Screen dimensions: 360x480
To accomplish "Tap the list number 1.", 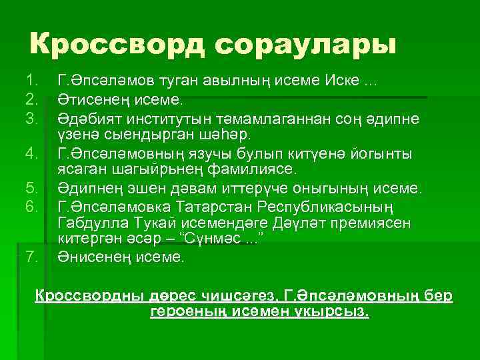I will pos(30,81).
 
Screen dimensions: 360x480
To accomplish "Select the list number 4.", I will pos(30,155).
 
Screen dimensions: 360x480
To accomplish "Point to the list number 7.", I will pos(30,256).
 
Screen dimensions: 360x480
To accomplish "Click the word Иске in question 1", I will pos(341,81).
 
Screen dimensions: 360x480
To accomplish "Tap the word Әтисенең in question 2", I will pos(93,100).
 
